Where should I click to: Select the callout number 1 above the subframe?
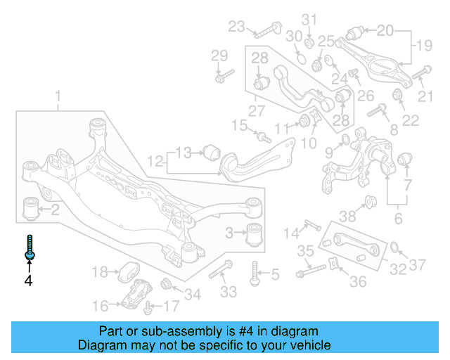click(58, 96)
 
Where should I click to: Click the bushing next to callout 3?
click(257, 232)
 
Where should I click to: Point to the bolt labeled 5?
click(255, 274)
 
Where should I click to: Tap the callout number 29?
click(219, 56)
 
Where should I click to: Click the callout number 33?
click(229, 291)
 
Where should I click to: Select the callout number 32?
click(398, 268)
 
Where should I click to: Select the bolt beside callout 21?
click(421, 72)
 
